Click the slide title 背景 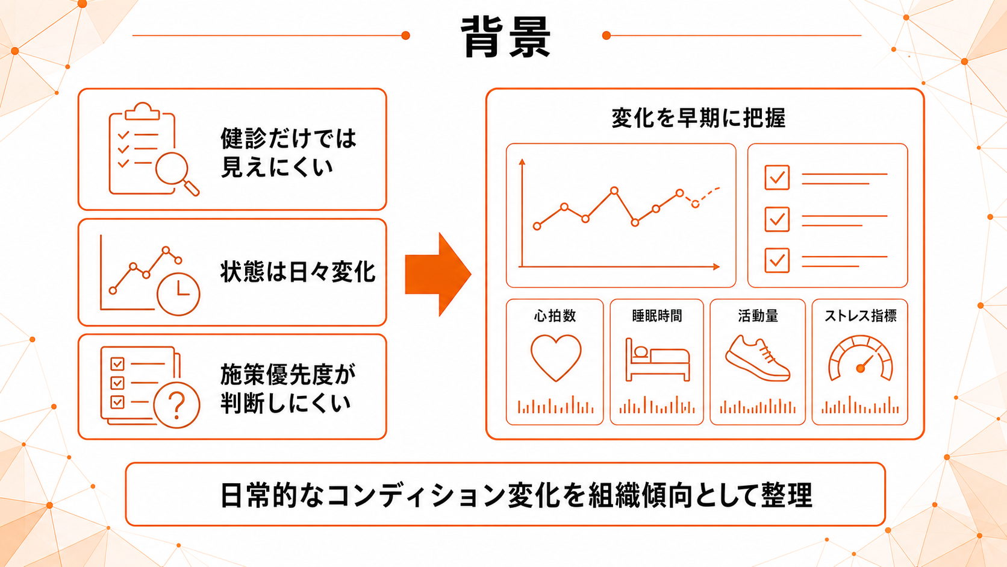(506, 37)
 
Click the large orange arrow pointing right (438, 274)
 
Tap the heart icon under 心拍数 (556, 358)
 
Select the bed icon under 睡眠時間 (657, 360)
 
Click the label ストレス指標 (860, 316)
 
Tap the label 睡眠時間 (657, 316)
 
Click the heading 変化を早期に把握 (698, 118)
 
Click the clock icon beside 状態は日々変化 (178, 294)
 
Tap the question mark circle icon (176, 405)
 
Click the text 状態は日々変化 (298, 272)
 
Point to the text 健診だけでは (288, 139)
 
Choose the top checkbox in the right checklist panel (777, 177)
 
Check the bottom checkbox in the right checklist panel (777, 260)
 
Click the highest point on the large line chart (614, 190)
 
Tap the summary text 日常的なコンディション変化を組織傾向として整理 (516, 495)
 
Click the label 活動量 (758, 316)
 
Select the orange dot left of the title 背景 (405, 36)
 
